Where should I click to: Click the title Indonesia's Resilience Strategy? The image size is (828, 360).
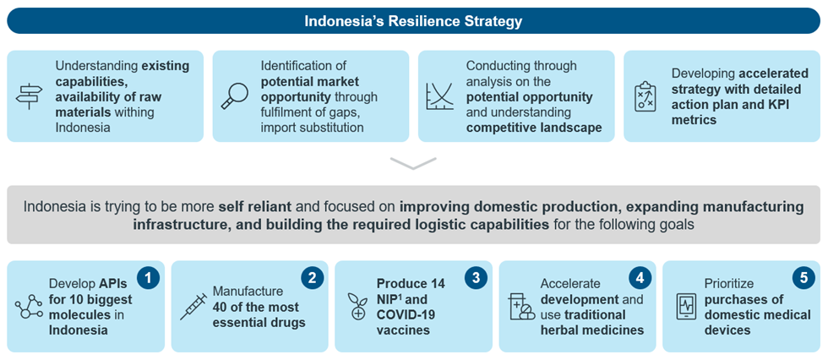[413, 22]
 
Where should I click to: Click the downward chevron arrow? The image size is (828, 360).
[413, 163]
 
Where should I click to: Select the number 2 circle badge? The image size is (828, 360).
[312, 279]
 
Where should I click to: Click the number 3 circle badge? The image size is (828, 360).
[475, 279]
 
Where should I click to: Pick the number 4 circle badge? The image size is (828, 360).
[640, 279]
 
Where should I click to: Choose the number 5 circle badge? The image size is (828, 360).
[803, 279]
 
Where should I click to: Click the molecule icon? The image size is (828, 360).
[29, 307]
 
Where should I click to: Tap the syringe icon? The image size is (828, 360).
[193, 306]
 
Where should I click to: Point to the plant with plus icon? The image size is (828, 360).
[357, 307]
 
